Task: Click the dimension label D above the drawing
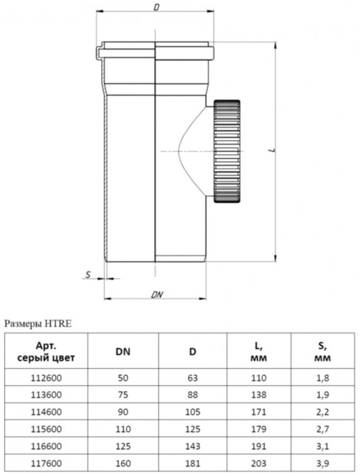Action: [x=157, y=8]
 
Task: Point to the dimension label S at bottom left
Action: [x=88, y=275]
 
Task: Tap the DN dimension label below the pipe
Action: [x=157, y=294]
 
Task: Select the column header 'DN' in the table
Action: [x=123, y=351]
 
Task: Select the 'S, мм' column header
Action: [x=323, y=351]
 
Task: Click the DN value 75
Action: [x=123, y=395]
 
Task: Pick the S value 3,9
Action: [x=323, y=463]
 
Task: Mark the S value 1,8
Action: [x=323, y=378]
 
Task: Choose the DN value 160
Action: [x=123, y=463]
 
